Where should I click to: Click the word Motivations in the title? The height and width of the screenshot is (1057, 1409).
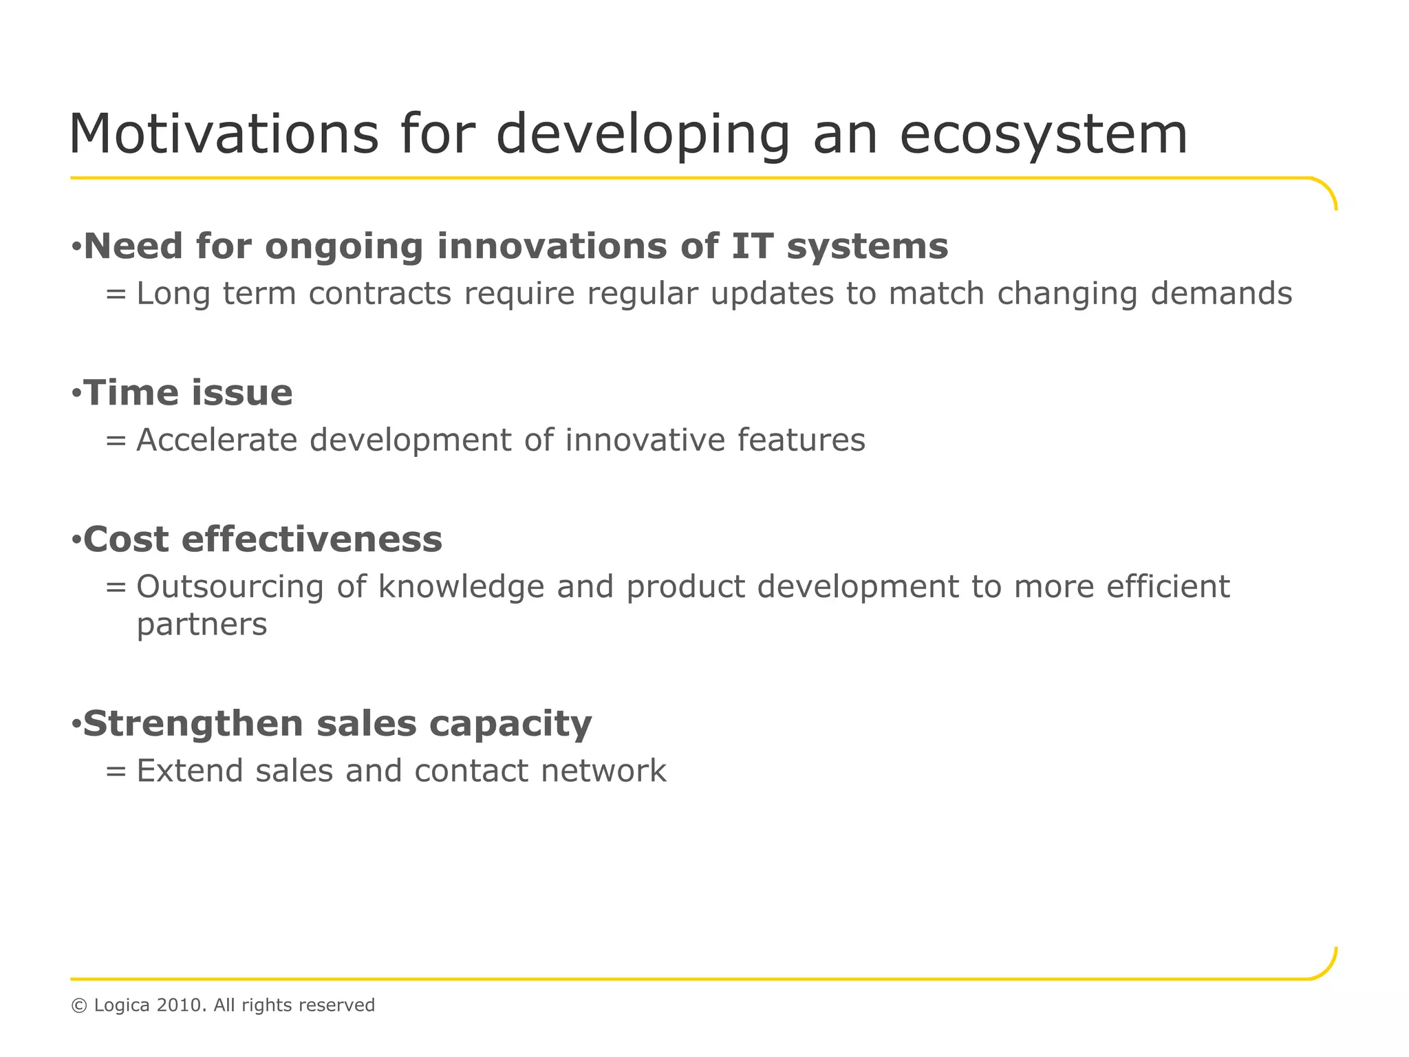point(224,134)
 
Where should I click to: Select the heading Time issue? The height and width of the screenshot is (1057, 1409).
point(188,393)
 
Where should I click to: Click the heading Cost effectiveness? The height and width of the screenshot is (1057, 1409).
point(263,539)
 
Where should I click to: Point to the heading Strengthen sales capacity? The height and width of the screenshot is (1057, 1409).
point(337,724)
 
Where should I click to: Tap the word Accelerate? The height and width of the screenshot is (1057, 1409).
point(217,440)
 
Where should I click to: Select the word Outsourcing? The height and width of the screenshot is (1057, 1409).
point(230,587)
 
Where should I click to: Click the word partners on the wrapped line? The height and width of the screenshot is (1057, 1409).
point(202,625)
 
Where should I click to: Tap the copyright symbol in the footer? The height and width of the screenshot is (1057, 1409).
point(79,1006)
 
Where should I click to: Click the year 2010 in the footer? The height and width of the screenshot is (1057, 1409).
point(180,1005)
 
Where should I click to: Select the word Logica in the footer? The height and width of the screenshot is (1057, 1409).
point(122,1006)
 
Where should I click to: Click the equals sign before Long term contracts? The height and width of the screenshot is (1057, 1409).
point(116,295)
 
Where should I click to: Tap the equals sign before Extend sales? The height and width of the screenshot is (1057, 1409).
point(116,771)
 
